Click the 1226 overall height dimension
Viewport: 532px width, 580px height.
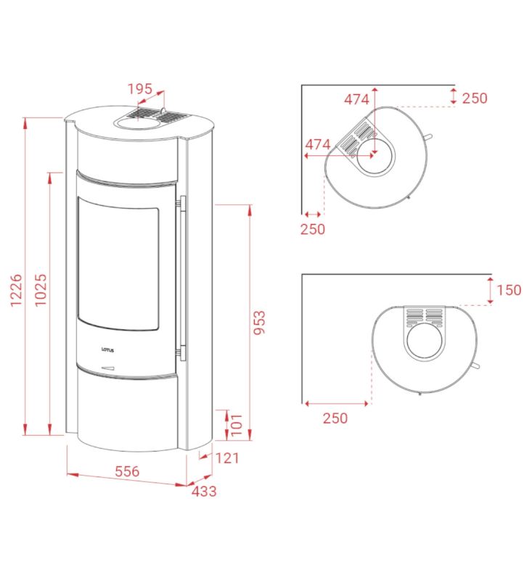coord(16,291)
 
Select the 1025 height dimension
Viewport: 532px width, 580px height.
coord(41,290)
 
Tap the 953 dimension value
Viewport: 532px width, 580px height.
coord(259,323)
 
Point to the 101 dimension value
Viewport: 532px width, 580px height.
coord(236,425)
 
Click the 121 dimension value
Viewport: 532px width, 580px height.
coord(227,458)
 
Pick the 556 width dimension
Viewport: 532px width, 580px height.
coord(127,471)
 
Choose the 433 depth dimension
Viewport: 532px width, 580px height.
coord(204,492)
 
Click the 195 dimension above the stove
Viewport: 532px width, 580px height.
coord(140,88)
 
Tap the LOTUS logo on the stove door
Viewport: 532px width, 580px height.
coord(107,350)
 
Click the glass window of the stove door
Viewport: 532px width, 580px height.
coord(118,263)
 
